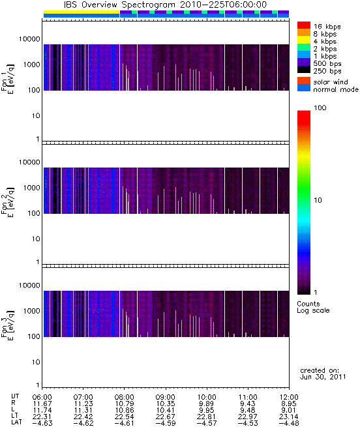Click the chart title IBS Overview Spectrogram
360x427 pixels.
119,5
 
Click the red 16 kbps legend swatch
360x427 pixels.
304,25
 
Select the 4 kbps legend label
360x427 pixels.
325,42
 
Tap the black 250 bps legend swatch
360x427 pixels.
304,70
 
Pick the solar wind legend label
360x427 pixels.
331,82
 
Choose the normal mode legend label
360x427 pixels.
336,89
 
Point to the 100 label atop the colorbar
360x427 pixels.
320,108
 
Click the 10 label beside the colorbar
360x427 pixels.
318,200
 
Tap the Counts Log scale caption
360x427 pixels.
313,307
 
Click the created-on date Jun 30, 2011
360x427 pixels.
323,377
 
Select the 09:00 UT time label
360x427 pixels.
166,397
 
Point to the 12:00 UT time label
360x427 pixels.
289,397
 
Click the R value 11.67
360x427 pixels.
42,404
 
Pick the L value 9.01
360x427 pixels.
289,410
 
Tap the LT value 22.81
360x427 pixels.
207,417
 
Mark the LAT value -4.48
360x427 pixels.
289,423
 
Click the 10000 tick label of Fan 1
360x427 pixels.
29,39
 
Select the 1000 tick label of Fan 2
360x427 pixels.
31,188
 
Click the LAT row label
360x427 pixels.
16,423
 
